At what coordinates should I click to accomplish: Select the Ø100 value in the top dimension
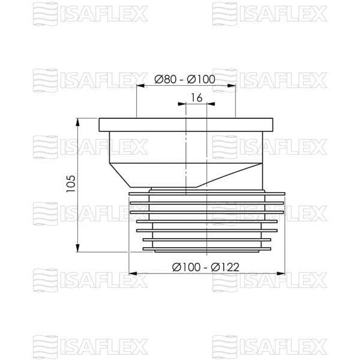201,79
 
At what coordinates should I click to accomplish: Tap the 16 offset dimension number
197,98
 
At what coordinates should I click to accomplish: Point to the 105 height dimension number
71,184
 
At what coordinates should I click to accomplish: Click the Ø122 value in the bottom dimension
225,267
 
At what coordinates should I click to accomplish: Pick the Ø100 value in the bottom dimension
186,267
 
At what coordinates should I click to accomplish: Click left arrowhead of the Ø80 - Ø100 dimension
140,86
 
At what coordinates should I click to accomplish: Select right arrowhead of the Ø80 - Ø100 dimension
232,86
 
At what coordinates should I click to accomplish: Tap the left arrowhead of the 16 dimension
182,104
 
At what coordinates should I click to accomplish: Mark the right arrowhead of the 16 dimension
211,104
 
